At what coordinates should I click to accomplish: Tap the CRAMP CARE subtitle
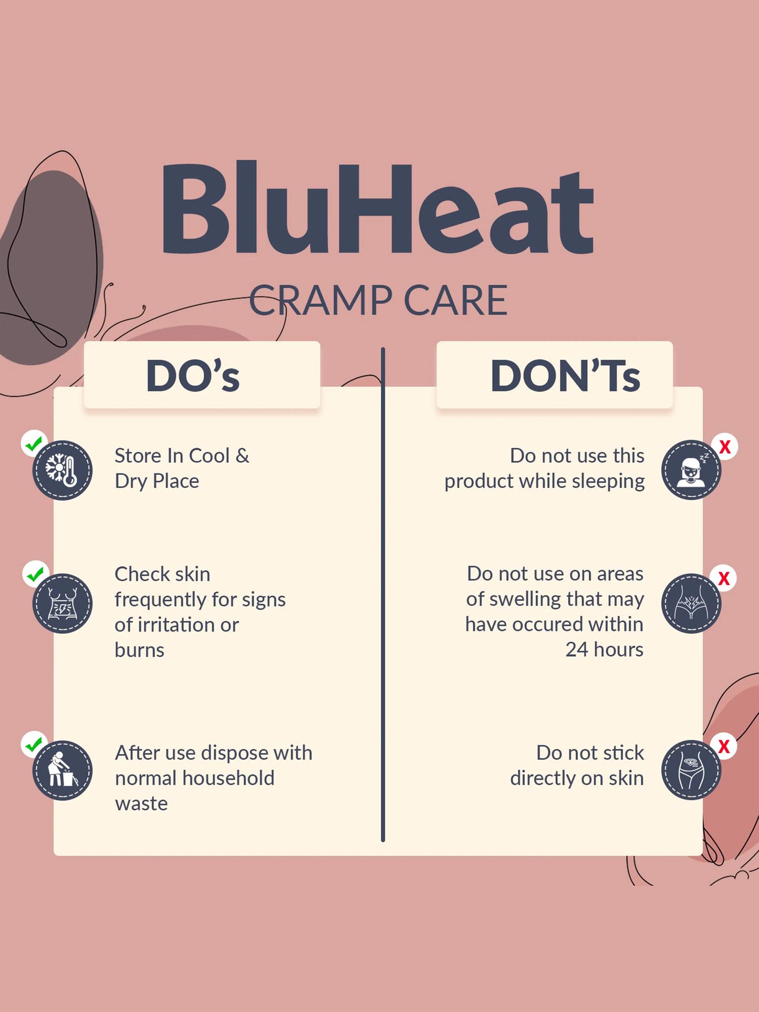pyautogui.click(x=378, y=300)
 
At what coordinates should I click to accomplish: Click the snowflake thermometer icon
pyautogui.click(x=63, y=470)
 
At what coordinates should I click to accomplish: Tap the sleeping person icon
pyautogui.click(x=691, y=470)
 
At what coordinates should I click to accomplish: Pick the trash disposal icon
pyautogui.click(x=63, y=770)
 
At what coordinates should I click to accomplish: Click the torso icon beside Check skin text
pyautogui.click(x=63, y=603)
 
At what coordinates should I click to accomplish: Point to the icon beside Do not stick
pyautogui.click(x=691, y=770)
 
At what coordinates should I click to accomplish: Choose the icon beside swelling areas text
pyautogui.click(x=691, y=603)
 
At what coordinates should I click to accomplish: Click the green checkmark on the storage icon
pyautogui.click(x=34, y=444)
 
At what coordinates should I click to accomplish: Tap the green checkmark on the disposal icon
pyautogui.click(x=34, y=745)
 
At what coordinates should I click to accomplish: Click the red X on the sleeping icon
pyautogui.click(x=725, y=447)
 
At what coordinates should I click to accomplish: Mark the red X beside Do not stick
pyautogui.click(x=724, y=746)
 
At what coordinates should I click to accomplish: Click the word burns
pyautogui.click(x=139, y=650)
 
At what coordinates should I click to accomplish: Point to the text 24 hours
pyautogui.click(x=604, y=649)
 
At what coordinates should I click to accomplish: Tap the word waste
pyautogui.click(x=141, y=804)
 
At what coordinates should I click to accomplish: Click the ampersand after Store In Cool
pyautogui.click(x=242, y=456)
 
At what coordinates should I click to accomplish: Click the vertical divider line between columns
pyautogui.click(x=383, y=594)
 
